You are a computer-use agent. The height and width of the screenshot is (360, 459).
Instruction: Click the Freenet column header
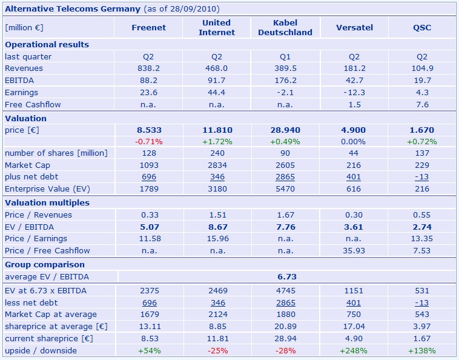(x=148, y=27)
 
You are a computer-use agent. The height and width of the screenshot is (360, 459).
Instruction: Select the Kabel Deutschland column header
(x=285, y=27)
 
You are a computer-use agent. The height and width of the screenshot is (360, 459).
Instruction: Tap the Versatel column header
(x=354, y=27)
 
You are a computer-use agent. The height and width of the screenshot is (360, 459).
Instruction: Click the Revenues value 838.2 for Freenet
(x=148, y=68)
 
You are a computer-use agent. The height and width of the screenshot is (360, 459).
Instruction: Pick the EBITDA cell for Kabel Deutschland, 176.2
(x=285, y=81)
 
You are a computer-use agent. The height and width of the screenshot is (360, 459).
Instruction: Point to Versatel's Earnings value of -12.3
(x=354, y=93)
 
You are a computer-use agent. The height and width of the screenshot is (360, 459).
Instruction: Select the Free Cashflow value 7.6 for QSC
(x=422, y=104)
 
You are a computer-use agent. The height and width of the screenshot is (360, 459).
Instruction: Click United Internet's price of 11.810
(x=217, y=130)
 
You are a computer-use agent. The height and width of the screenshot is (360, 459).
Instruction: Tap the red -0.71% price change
(x=148, y=141)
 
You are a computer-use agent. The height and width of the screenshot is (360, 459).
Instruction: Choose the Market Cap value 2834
(x=217, y=165)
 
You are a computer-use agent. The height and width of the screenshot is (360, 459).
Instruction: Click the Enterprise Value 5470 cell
(x=285, y=189)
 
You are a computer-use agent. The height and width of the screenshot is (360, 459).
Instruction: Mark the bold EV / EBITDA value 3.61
(x=354, y=227)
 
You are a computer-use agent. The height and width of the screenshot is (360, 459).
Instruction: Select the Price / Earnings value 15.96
(x=217, y=239)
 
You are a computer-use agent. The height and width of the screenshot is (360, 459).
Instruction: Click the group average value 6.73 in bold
(x=286, y=277)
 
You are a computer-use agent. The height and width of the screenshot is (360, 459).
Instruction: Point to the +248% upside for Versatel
(x=354, y=351)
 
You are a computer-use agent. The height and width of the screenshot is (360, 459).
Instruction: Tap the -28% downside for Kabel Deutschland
(x=285, y=351)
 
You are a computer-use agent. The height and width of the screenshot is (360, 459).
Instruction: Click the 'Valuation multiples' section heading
(x=47, y=203)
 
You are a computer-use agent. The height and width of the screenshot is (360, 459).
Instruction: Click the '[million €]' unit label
(x=24, y=28)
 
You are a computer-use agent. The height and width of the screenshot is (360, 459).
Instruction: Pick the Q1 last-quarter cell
(x=285, y=57)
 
